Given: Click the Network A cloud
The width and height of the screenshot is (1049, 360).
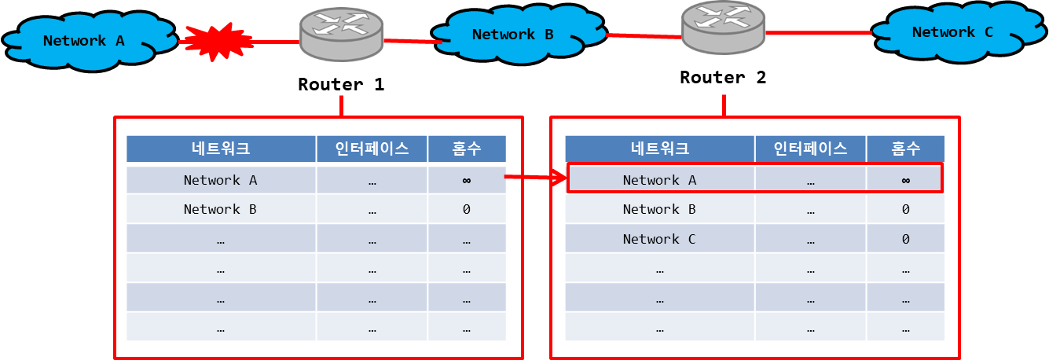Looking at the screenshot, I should (84, 41).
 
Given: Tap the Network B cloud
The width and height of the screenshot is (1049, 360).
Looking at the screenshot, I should (512, 35).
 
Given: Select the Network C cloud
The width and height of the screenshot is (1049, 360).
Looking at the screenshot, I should (952, 33).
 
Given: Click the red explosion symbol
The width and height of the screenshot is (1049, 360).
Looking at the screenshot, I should (218, 42).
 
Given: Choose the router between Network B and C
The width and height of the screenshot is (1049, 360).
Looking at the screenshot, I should (723, 26).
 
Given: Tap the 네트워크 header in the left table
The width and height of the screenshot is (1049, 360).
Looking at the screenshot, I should (221, 149).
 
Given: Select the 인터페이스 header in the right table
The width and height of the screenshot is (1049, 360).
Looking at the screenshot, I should (810, 149).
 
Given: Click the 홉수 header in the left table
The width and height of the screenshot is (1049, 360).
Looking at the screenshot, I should (467, 149).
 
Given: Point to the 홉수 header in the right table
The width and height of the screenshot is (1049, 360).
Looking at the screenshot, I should (905, 149).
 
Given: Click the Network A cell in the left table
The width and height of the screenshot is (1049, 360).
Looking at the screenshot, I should (220, 180).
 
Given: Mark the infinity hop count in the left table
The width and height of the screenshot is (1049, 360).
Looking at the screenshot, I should (467, 180).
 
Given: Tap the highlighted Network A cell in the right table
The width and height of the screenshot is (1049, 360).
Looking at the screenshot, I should (659, 180).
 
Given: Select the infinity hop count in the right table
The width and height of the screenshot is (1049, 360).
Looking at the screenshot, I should (905, 180).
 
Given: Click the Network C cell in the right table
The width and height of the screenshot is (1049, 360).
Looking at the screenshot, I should (659, 239).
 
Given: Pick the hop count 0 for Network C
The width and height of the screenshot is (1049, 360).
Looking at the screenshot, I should (905, 239).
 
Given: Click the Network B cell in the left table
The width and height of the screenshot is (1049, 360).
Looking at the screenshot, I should (220, 209).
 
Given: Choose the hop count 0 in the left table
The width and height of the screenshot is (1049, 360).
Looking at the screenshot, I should (467, 209).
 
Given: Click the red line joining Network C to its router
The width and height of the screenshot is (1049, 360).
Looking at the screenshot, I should (819, 33).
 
